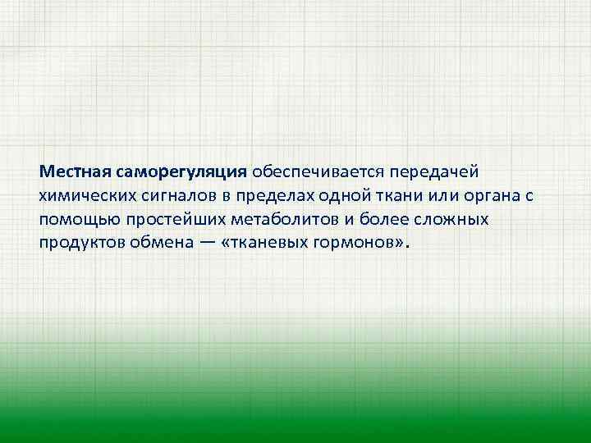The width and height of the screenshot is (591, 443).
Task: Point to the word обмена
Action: pyautogui.click(x=159, y=244)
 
